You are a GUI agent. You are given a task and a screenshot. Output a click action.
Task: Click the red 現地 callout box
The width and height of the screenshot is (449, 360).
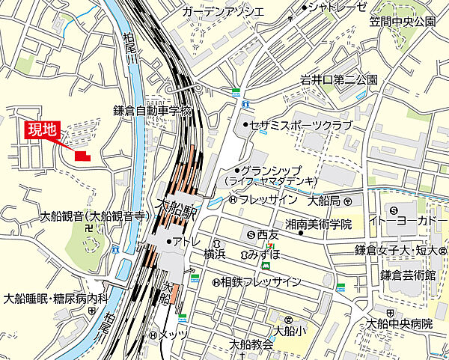coord(43,129)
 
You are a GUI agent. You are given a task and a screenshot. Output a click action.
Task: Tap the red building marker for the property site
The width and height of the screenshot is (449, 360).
coord(82,156)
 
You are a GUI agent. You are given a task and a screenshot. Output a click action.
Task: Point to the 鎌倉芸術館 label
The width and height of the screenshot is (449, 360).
coord(409,275)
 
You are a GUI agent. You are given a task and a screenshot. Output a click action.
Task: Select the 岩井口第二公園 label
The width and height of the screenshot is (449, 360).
coord(339,80)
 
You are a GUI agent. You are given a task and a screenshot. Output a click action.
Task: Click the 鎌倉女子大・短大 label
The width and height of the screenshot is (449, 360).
coord(401,249)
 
